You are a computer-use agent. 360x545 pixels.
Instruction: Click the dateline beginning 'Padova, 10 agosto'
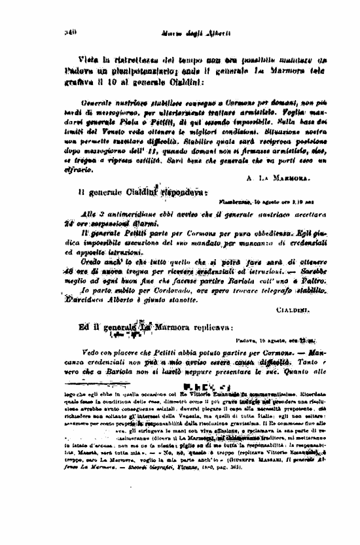click(x=274, y=341)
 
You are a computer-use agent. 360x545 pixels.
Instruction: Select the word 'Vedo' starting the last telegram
click(x=92, y=351)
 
